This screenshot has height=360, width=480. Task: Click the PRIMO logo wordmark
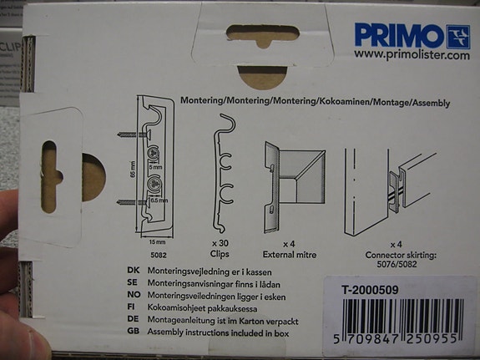point(399,36)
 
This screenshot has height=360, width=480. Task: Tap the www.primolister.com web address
point(412,55)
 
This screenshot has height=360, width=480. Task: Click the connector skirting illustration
point(391,184)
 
